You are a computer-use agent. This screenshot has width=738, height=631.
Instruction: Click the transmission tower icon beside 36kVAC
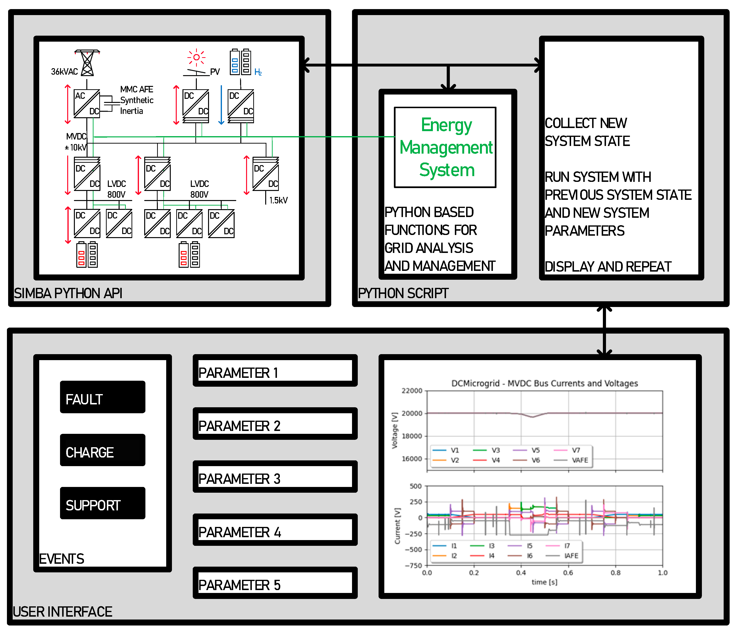click(87, 63)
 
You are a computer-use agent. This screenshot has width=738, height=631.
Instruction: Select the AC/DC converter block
click(87, 104)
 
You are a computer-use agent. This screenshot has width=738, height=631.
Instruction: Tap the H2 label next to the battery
click(258, 72)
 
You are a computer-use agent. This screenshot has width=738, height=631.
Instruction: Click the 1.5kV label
click(278, 200)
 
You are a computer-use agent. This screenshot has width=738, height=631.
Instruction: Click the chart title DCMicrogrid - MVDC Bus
click(544, 383)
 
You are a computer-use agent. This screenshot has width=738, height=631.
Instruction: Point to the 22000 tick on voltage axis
click(412, 391)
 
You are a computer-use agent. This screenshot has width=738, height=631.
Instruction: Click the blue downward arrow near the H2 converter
click(221, 105)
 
